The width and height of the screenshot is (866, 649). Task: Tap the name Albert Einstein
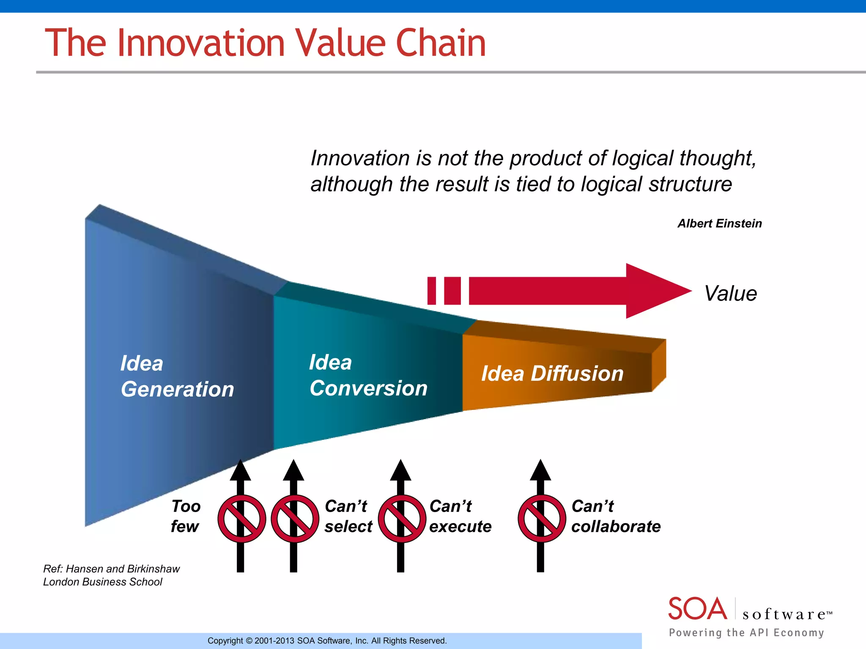pyautogui.click(x=719, y=223)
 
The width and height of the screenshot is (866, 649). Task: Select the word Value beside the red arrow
pyautogui.click(x=730, y=293)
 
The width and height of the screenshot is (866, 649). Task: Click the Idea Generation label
pyautogui.click(x=177, y=376)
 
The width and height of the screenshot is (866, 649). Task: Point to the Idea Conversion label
pyautogui.click(x=368, y=375)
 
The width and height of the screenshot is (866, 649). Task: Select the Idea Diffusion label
pyautogui.click(x=552, y=374)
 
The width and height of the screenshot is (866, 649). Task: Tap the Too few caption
pyautogui.click(x=185, y=516)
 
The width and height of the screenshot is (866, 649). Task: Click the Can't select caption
pyautogui.click(x=348, y=516)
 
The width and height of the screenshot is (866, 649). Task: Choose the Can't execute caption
pyautogui.click(x=460, y=516)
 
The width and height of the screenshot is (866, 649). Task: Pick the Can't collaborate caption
pyautogui.click(x=615, y=516)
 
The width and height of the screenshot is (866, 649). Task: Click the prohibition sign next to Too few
pyautogui.click(x=241, y=518)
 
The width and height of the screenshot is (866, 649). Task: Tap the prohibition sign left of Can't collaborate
pyautogui.click(x=542, y=518)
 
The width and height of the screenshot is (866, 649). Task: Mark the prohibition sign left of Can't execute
pyautogui.click(x=402, y=518)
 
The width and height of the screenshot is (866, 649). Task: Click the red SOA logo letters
pyautogui.click(x=697, y=608)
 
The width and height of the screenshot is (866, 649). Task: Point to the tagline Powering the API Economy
pyautogui.click(x=746, y=633)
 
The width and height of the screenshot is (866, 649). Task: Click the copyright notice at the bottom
pyautogui.click(x=327, y=641)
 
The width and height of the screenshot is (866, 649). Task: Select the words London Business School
pyautogui.click(x=102, y=582)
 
